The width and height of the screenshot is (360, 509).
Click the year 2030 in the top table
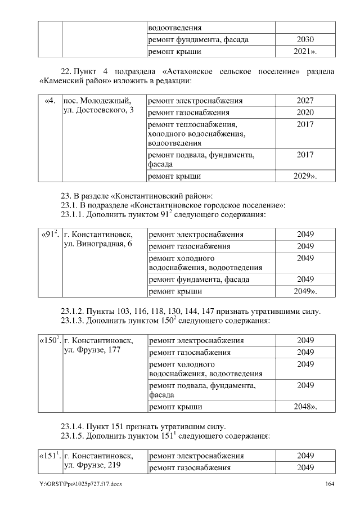[305, 40]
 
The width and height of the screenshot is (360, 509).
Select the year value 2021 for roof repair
[305, 52]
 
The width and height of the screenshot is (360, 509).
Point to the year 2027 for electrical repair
[305, 101]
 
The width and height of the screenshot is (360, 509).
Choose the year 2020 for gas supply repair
[305, 112]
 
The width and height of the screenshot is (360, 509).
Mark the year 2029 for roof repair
[305, 176]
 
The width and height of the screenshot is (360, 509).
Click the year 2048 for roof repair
[305, 406]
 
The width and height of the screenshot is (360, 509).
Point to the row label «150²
[49, 340]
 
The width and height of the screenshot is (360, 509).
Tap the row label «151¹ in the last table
[49, 455]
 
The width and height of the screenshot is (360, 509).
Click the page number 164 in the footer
[330, 484]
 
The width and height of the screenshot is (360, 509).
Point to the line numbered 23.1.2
[191, 311]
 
